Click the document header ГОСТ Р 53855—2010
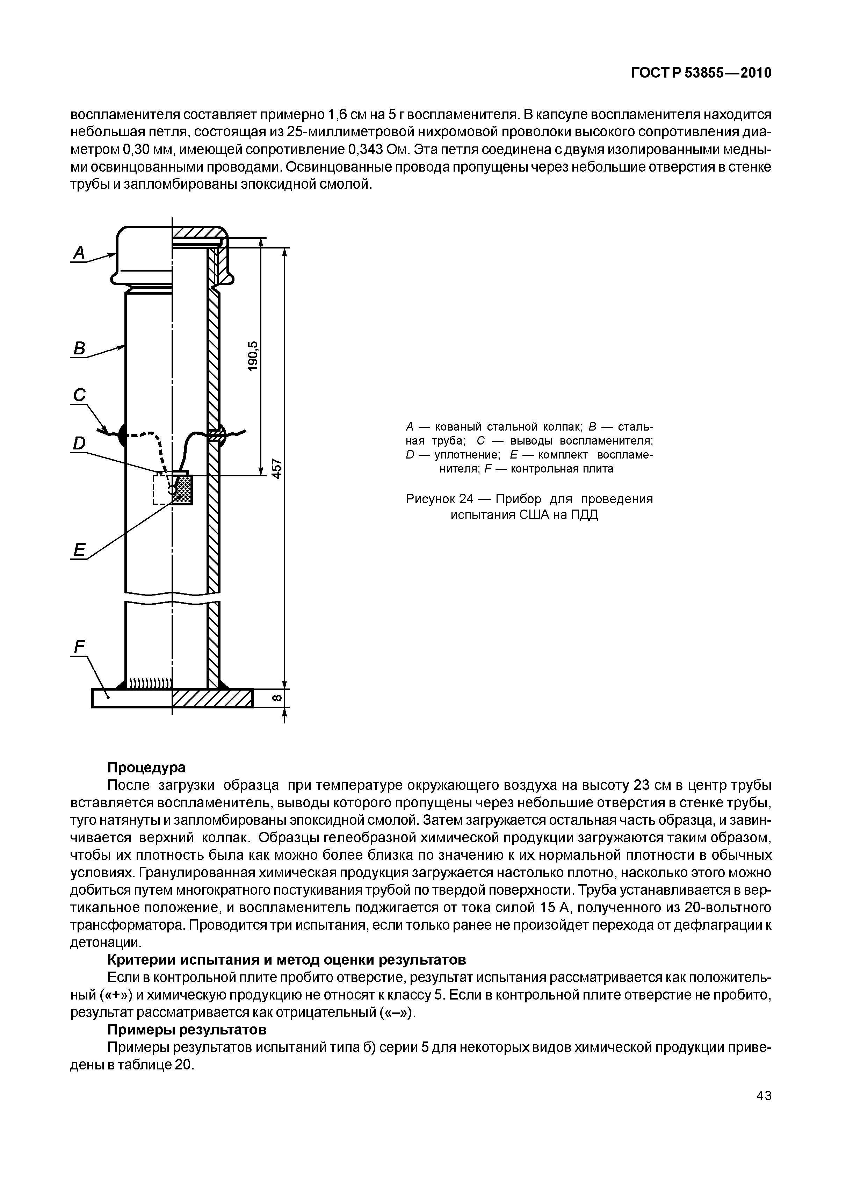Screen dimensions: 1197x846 point(701,73)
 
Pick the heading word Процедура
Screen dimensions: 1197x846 point(146,768)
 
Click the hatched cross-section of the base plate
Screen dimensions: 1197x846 point(212,698)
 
